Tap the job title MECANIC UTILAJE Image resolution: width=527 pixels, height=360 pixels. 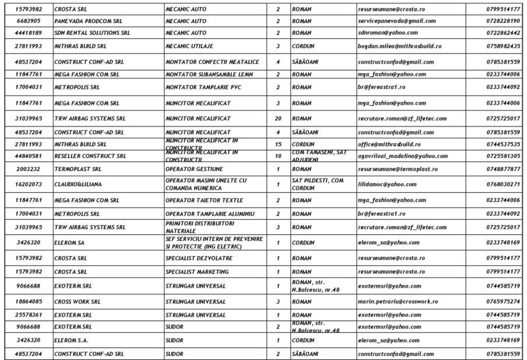188,45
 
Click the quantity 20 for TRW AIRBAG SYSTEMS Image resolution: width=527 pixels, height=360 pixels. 278,118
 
